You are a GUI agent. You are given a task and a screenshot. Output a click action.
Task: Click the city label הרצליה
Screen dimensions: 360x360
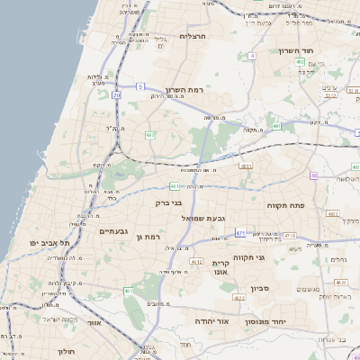coord(193,36)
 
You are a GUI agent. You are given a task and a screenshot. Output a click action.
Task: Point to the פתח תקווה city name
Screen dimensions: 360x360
coord(288,206)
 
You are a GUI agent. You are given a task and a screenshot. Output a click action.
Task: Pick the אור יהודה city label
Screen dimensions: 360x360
coord(212,320)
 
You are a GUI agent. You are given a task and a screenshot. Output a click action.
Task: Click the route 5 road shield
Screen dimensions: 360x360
coord(140,86)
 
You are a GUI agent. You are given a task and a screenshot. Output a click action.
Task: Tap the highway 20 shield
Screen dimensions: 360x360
coord(116,94)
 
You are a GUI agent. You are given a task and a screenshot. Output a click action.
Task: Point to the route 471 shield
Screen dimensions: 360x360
coord(240,233)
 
